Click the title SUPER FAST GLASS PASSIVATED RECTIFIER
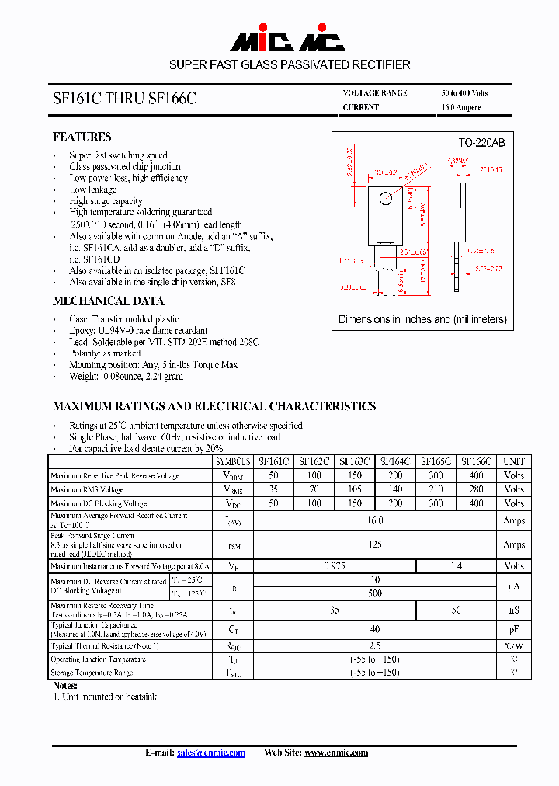click(x=290, y=64)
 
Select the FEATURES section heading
click(x=82, y=136)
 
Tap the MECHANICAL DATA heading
click(x=108, y=301)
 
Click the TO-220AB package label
click(x=481, y=143)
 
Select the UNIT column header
click(x=514, y=461)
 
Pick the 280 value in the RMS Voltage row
click(x=476, y=489)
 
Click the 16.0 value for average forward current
click(x=375, y=521)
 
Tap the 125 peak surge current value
click(x=375, y=544)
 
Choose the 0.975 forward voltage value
click(x=335, y=566)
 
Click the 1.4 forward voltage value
click(x=456, y=566)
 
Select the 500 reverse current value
click(x=375, y=593)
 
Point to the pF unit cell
click(x=514, y=630)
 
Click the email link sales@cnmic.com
click(x=211, y=753)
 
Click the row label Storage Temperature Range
click(x=92, y=673)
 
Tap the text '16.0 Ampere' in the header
click(x=461, y=107)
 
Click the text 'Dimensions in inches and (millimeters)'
click(x=422, y=319)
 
